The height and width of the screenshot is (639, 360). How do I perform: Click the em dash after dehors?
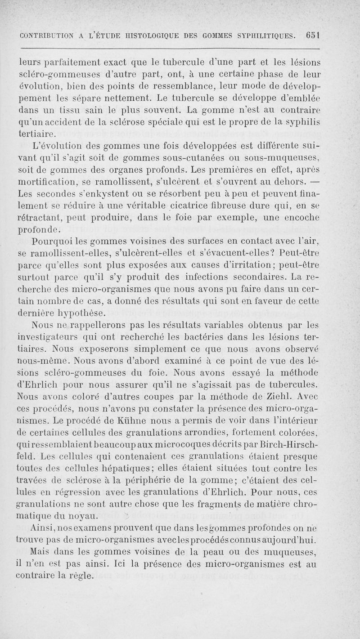click(x=314, y=182)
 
